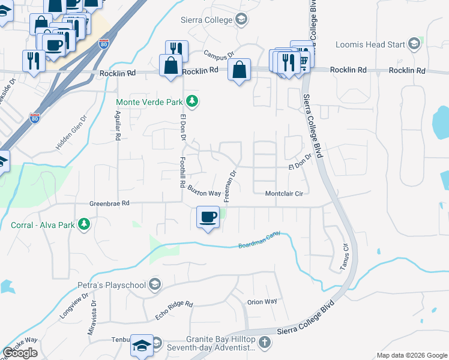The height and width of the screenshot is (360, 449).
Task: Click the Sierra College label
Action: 206,20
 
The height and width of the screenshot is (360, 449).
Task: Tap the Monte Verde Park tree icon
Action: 192,102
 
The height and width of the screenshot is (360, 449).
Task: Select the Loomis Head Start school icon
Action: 414,43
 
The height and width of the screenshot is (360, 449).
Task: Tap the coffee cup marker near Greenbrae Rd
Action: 208,218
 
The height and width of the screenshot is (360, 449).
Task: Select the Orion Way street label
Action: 262,302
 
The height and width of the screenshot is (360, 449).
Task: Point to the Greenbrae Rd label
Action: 109,203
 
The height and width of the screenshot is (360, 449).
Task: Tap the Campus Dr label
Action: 219,55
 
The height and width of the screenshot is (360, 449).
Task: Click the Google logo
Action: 20,353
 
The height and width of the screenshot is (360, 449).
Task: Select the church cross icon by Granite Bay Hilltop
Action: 265,343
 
